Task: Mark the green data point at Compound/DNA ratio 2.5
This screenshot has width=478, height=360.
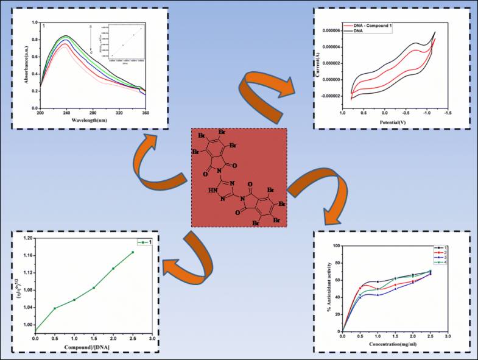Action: (133, 252)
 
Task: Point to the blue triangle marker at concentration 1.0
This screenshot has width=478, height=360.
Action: (378, 295)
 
